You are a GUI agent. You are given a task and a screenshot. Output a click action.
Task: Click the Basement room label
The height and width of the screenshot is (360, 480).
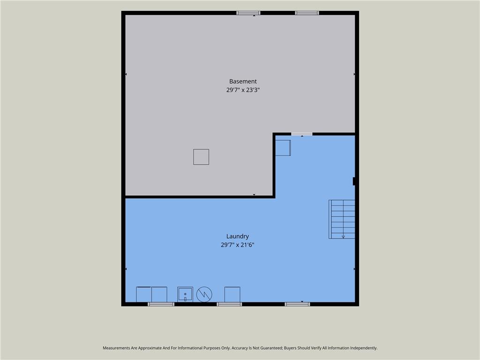[x=243, y=82]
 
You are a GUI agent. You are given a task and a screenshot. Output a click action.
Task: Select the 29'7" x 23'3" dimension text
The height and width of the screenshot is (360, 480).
[x=243, y=90]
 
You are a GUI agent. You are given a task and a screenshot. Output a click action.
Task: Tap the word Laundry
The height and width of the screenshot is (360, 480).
[x=238, y=236]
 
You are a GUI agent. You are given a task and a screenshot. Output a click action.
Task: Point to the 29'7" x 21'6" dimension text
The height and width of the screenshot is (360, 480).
[x=238, y=245]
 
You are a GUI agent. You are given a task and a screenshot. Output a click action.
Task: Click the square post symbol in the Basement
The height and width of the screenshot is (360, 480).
[x=201, y=157]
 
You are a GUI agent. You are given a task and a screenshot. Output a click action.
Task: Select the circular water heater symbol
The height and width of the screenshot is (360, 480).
[x=204, y=294]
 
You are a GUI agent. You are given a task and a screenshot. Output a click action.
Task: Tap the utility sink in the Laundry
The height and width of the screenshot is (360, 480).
[x=185, y=294]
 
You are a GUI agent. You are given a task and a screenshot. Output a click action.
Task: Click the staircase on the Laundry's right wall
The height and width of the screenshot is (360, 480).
[x=342, y=219]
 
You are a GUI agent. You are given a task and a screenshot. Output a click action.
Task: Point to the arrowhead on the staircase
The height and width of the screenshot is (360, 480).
[x=343, y=237]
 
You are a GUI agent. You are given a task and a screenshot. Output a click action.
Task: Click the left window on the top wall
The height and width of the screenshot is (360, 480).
[x=248, y=13]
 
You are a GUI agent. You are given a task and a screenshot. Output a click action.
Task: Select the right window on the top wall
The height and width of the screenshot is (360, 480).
[x=307, y=13]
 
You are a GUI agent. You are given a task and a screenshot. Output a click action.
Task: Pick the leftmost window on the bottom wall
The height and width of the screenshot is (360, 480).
[x=161, y=304]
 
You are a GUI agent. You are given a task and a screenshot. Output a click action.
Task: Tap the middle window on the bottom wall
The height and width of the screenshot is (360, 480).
[x=229, y=304]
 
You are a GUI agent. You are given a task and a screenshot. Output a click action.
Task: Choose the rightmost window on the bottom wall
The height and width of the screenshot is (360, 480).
[x=297, y=304]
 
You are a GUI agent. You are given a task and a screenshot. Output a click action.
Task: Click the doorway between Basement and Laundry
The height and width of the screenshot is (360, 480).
[x=302, y=134]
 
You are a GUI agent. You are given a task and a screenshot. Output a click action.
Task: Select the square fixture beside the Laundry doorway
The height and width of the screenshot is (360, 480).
[x=283, y=148]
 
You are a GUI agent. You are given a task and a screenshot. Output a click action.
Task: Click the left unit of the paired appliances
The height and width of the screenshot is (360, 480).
[x=144, y=294]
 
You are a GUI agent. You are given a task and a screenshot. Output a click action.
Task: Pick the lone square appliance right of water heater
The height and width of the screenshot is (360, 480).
[x=232, y=294]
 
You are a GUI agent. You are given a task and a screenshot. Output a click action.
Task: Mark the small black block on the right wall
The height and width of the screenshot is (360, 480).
[x=354, y=181]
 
